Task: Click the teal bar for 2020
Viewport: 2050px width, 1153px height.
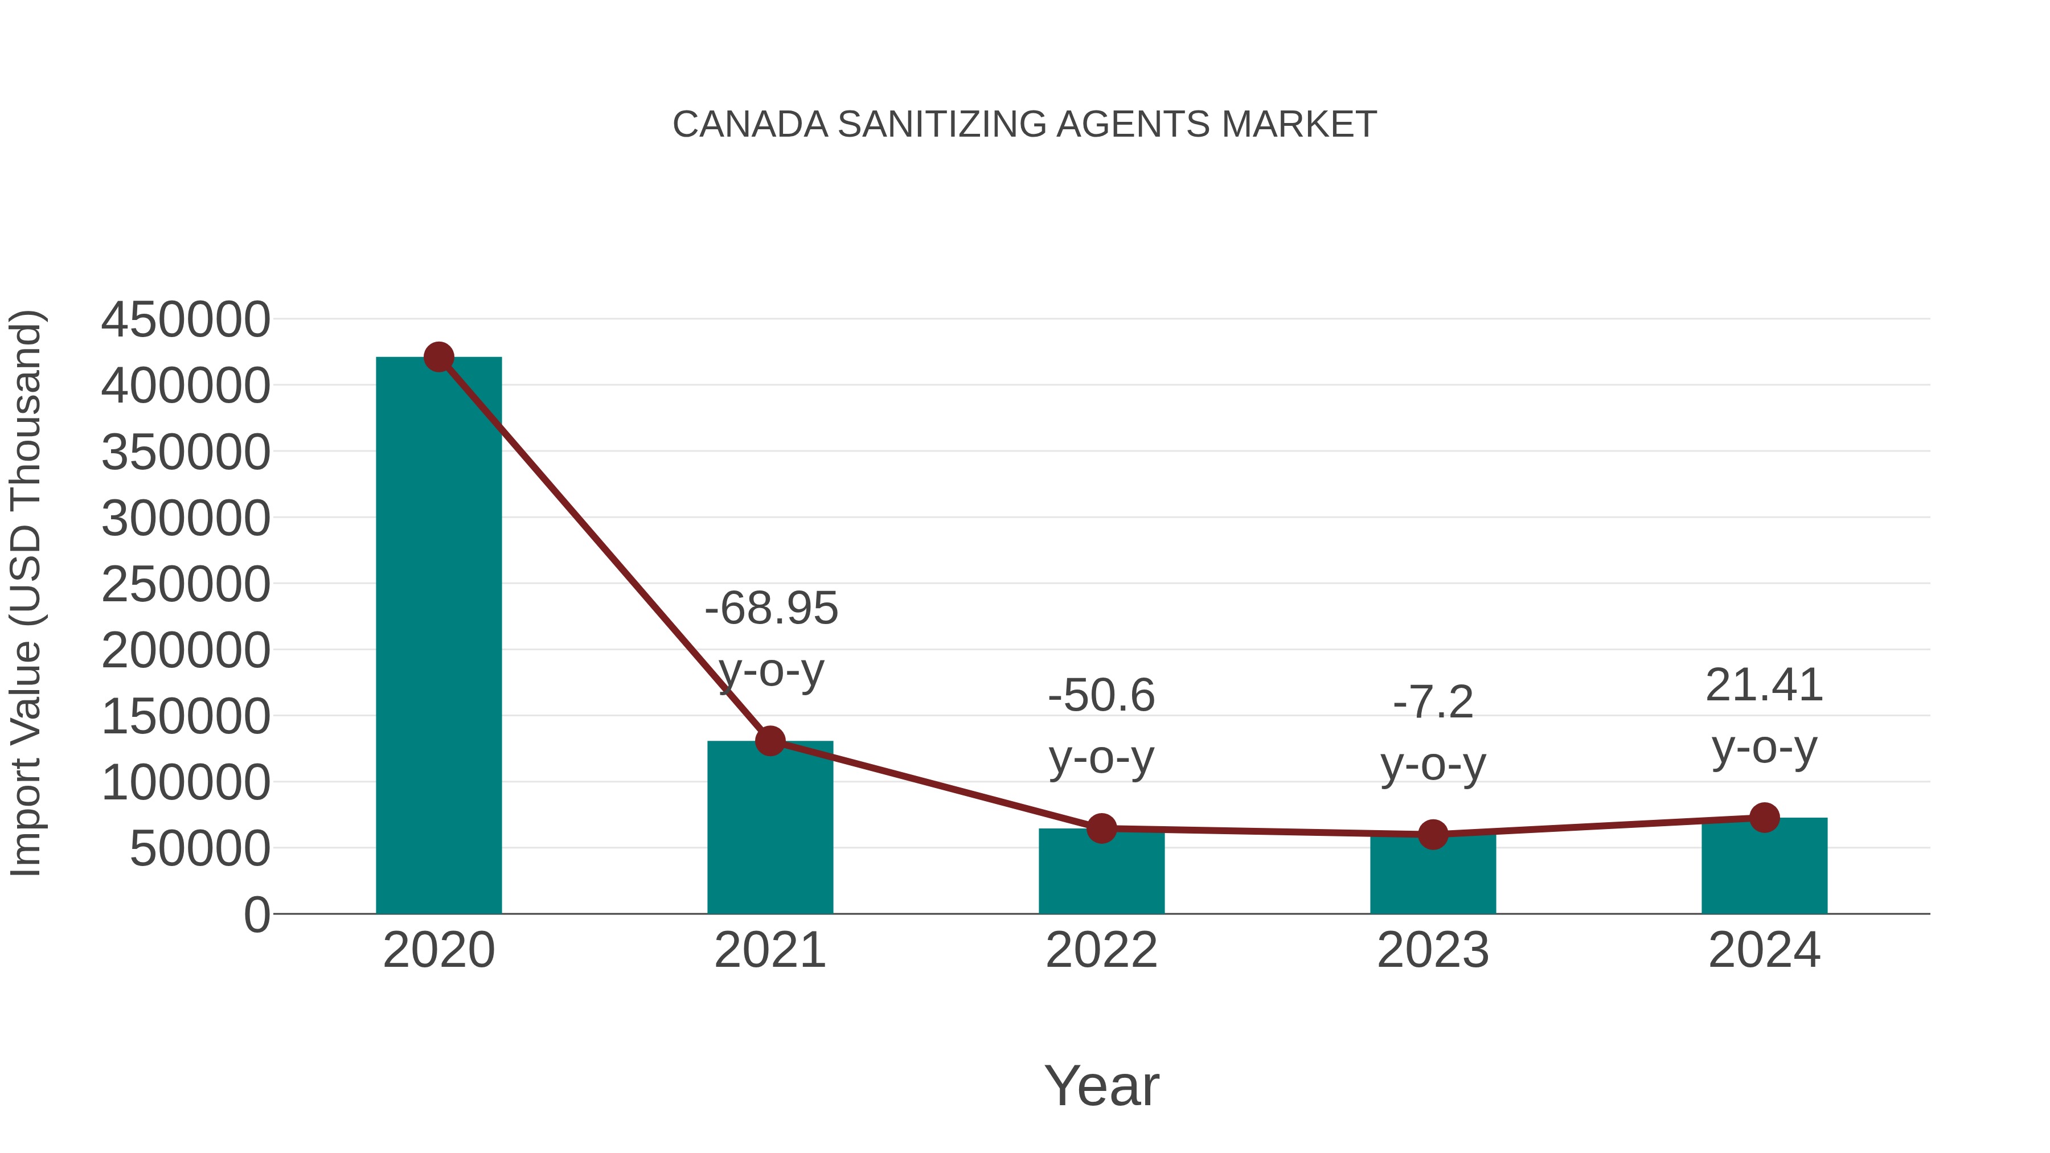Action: click(438, 637)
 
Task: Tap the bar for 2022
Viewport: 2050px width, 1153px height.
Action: click(1101, 875)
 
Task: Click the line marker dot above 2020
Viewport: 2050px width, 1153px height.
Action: click(438, 357)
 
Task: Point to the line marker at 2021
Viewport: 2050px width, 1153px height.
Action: click(769, 741)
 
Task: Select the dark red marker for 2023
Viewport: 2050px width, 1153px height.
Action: click(1433, 835)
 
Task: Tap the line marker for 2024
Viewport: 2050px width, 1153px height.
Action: click(1764, 817)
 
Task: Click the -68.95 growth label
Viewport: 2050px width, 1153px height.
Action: click(771, 609)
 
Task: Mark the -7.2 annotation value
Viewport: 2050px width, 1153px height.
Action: click(1433, 703)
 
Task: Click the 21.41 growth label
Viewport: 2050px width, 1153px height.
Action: click(1764, 685)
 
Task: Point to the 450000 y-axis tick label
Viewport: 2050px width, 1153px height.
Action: click(186, 320)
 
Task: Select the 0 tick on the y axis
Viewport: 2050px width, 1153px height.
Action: click(256, 914)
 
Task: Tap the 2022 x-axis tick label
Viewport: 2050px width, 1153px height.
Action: click(1101, 950)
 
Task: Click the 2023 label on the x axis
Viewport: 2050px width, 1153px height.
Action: click(1433, 950)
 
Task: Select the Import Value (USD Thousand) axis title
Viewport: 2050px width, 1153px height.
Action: click(26, 593)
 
